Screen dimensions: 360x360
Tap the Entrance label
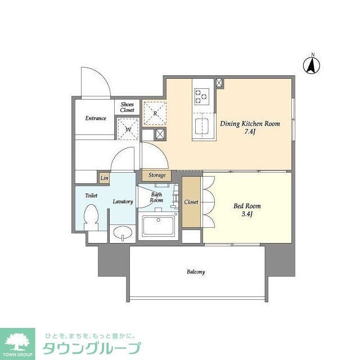click(96, 118)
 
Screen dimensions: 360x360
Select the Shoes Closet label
click(127, 107)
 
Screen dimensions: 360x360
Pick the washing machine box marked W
click(128, 129)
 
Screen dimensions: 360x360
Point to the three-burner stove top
click(201, 96)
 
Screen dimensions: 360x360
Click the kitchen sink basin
click(201, 125)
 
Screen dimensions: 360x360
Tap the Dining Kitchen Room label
click(249, 123)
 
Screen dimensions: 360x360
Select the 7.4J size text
click(249, 133)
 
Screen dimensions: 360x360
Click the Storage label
click(157, 175)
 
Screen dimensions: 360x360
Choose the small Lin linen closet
click(104, 178)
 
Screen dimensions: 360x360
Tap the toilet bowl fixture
click(91, 216)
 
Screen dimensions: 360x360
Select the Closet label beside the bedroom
click(191, 201)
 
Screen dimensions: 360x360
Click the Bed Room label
click(247, 206)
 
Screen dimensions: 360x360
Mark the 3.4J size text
click(247, 215)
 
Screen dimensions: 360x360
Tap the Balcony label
click(196, 272)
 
